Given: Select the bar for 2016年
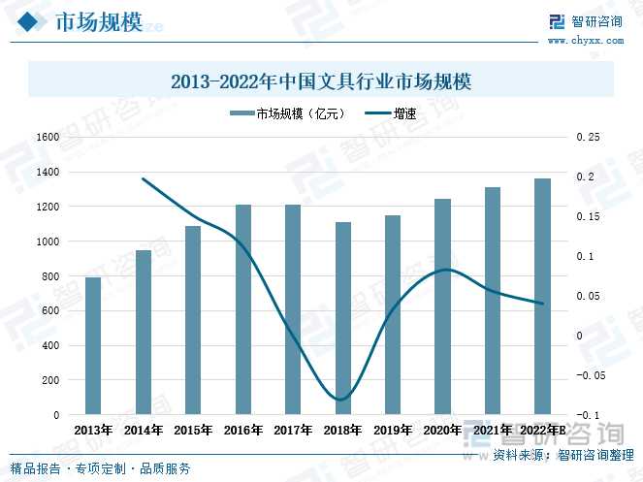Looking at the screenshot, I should pyautogui.click(x=243, y=309).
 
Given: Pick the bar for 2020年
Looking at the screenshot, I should pyautogui.click(x=442, y=306).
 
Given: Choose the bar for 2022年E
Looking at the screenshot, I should pyautogui.click(x=542, y=297).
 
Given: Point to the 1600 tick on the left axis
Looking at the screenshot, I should pyautogui.click(x=47, y=137).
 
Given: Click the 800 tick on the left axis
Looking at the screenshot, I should pyautogui.click(x=50, y=276).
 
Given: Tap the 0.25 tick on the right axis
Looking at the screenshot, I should pyautogui.click(x=589, y=137).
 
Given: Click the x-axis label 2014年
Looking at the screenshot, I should pyautogui.click(x=144, y=430).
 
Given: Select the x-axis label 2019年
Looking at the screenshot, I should pyautogui.click(x=393, y=430).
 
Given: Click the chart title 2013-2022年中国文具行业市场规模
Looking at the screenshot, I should pyautogui.click(x=320, y=81).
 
